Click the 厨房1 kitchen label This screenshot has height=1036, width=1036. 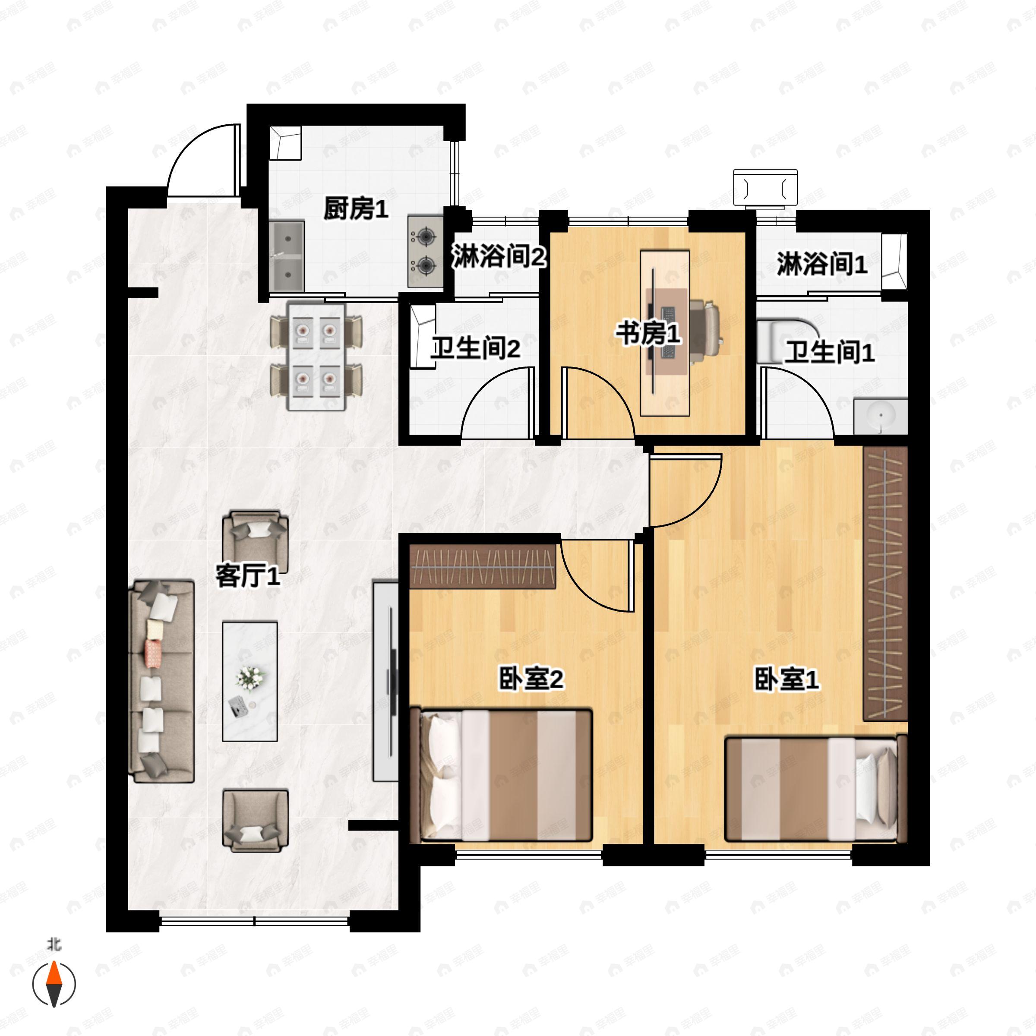pyautogui.click(x=356, y=208)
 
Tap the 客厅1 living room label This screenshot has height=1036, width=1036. pyautogui.click(x=248, y=576)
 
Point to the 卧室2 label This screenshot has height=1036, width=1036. pyautogui.click(x=531, y=679)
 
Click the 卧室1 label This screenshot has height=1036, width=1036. pyautogui.click(x=786, y=679)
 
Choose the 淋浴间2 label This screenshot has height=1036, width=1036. pyautogui.click(x=499, y=256)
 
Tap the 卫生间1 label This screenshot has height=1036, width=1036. pyautogui.click(x=830, y=352)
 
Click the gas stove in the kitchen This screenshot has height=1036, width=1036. pyautogui.click(x=426, y=250)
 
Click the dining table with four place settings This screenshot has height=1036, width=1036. pyautogui.click(x=316, y=357)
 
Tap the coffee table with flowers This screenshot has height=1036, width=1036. pyautogui.click(x=250, y=681)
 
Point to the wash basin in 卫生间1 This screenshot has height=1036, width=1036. pyautogui.click(x=881, y=416)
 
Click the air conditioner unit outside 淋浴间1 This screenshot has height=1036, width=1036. pyautogui.click(x=765, y=188)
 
